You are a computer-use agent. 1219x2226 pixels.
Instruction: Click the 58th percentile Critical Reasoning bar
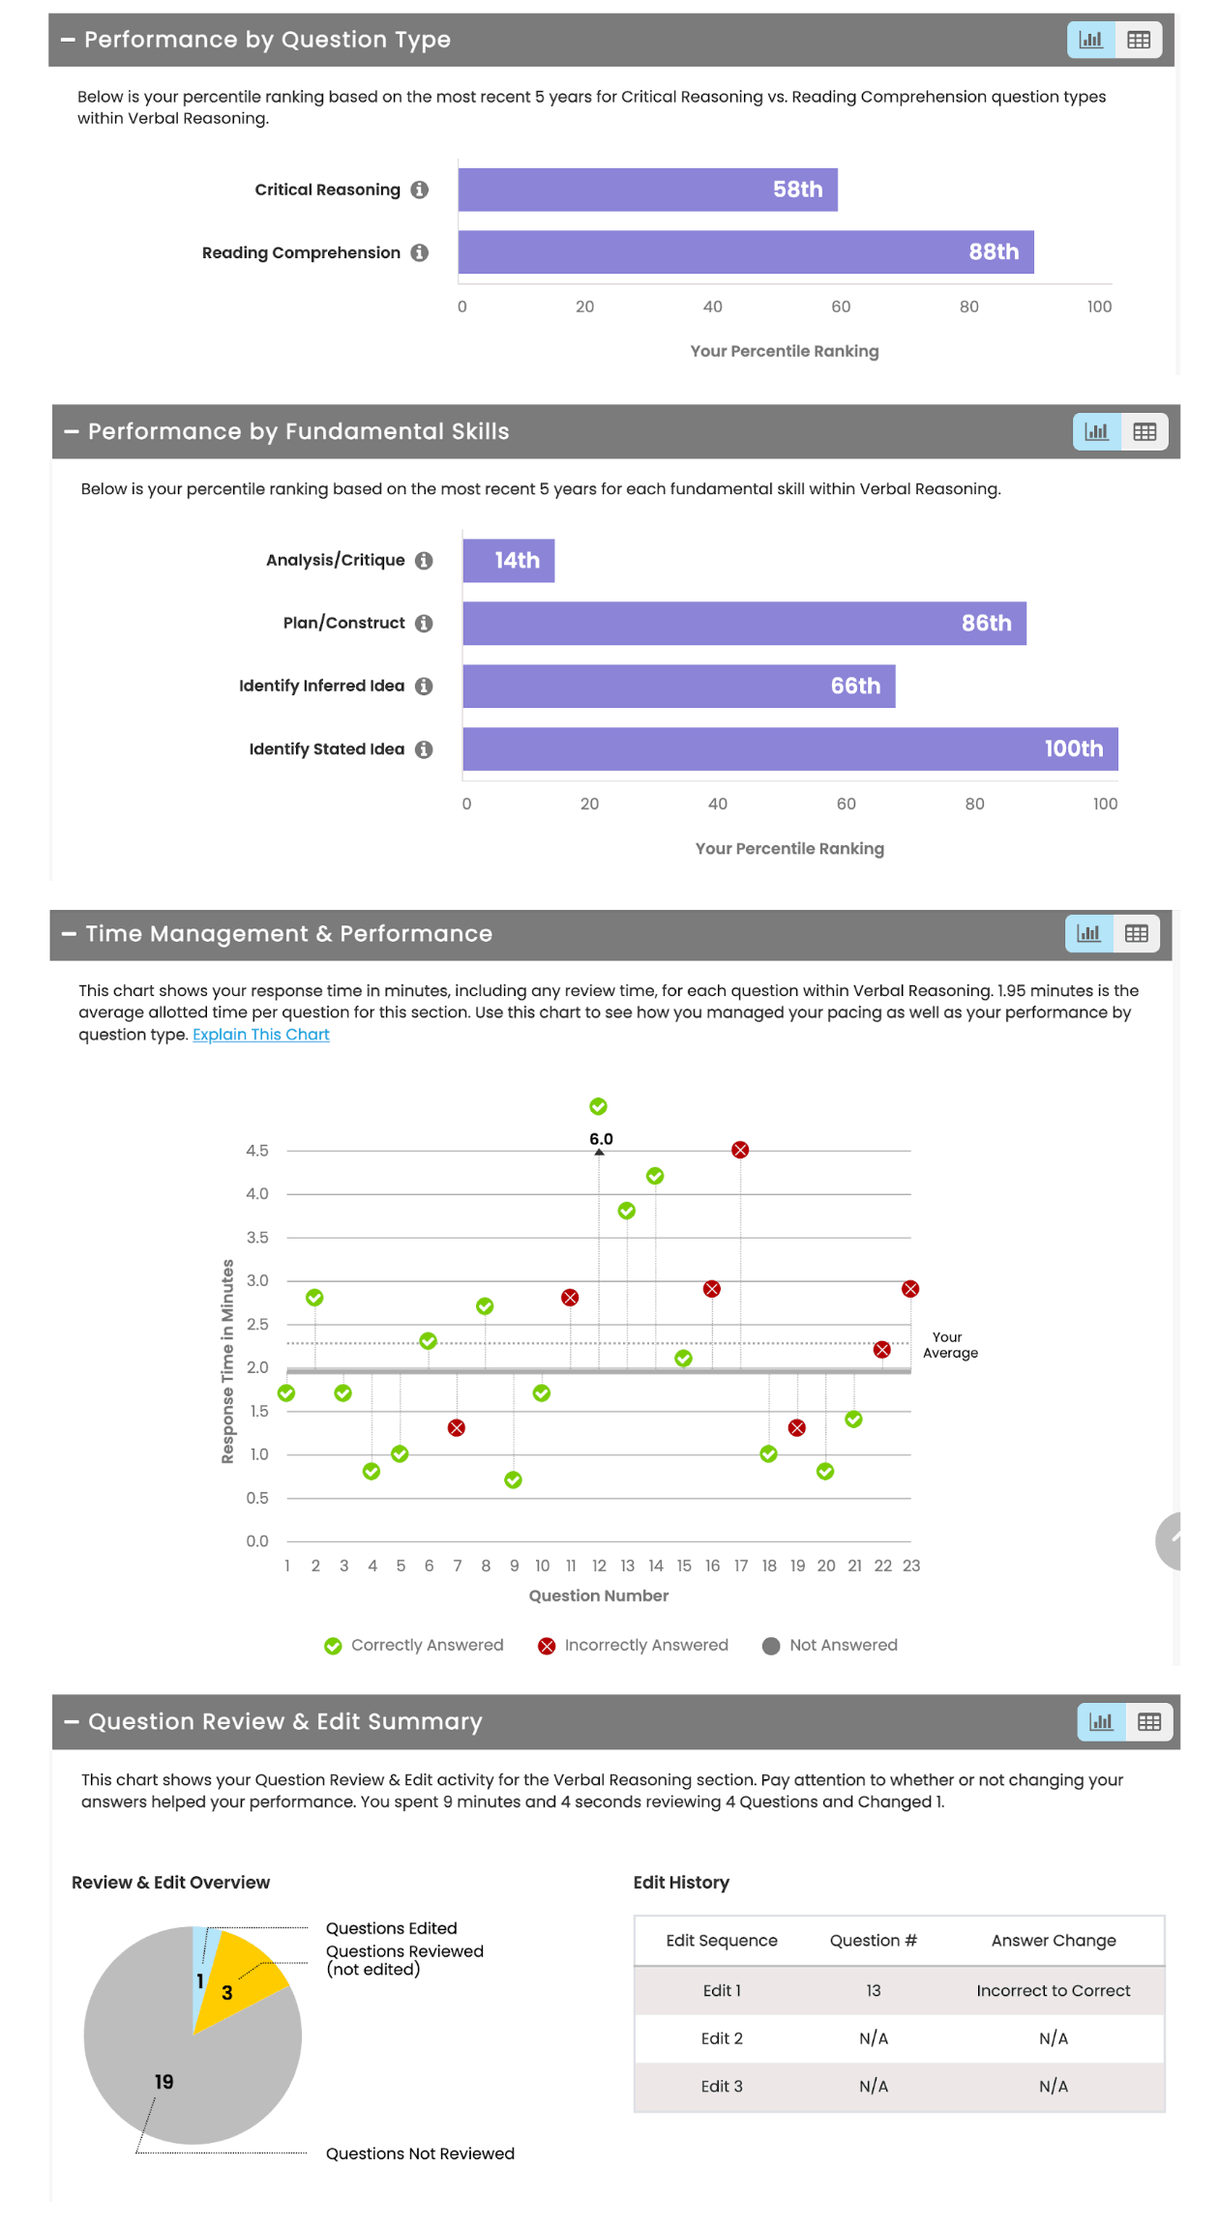(646, 190)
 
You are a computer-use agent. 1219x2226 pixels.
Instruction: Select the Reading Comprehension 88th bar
(745, 252)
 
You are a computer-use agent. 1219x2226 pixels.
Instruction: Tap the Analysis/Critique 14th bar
(508, 561)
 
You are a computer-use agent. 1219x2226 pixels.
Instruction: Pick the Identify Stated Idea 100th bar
(788, 749)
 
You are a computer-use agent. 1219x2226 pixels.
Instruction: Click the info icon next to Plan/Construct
(424, 624)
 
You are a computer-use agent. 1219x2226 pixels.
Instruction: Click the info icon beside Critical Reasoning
(419, 190)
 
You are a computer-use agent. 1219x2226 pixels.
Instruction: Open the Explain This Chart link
(260, 1035)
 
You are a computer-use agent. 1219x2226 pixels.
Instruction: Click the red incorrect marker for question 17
(740, 1150)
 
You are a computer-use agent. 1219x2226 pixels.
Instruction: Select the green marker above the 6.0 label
(599, 1106)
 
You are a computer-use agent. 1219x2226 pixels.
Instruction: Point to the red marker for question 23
(910, 1289)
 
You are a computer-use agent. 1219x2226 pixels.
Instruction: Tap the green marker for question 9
(514, 1480)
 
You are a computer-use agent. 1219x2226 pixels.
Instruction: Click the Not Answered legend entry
(830, 1646)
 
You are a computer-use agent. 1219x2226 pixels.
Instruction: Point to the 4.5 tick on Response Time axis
(257, 1151)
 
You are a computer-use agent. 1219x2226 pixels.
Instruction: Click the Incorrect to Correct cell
(1053, 1991)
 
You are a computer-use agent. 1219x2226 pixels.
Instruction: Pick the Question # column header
(873, 1941)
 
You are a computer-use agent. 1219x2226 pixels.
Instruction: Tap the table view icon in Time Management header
(1136, 934)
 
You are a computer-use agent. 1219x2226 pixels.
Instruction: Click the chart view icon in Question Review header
(1101, 1722)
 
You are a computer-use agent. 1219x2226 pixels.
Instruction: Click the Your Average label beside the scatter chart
(949, 1345)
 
